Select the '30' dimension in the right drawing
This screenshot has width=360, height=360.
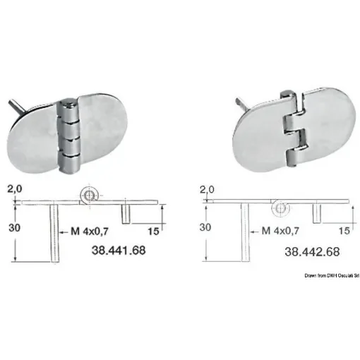[x=205, y=228]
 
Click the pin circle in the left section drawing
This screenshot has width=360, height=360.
[x=89, y=193]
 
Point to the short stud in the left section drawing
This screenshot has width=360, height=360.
[x=125, y=214]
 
